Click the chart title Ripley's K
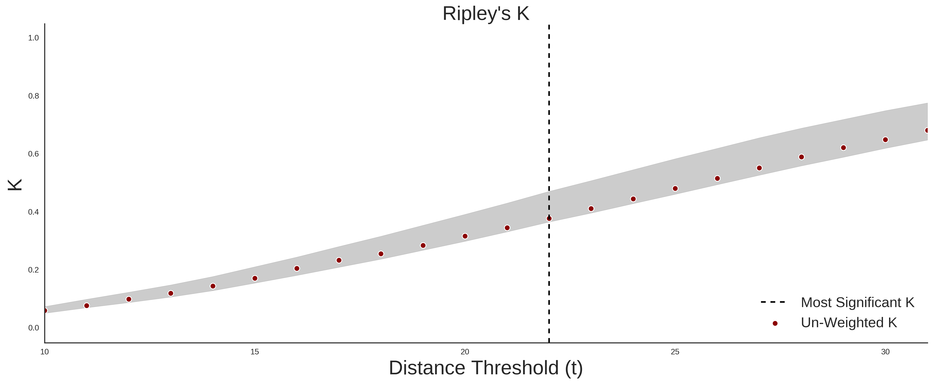coord(486,14)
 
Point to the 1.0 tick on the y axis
coord(33,38)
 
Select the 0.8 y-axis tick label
coord(33,96)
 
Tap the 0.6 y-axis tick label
coord(33,154)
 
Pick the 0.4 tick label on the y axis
coord(33,212)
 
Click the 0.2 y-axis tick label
coord(33,270)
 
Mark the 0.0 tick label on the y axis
coord(33,328)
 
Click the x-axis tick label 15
coord(255,352)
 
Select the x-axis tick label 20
coord(465,352)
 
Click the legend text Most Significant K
coord(857,303)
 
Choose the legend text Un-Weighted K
coord(849,322)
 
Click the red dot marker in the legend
coord(775,323)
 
